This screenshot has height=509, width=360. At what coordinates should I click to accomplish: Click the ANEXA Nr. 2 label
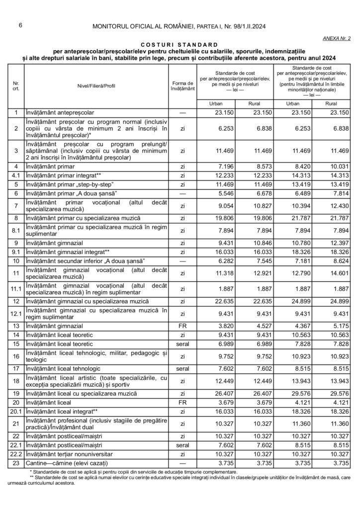click(337, 38)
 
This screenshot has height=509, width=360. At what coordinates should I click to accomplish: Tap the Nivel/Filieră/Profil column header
click(96, 85)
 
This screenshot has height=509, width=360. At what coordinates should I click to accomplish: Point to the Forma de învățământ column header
click(182, 85)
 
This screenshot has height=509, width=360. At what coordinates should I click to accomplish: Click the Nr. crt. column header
click(16, 85)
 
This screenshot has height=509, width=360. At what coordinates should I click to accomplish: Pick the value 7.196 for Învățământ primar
click(223, 166)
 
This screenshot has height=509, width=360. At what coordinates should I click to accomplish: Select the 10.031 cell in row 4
click(339, 166)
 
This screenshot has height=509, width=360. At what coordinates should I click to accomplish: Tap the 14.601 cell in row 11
click(339, 272)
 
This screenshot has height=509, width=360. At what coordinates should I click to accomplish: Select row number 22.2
click(16, 454)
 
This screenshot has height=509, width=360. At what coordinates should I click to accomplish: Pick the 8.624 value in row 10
click(339, 261)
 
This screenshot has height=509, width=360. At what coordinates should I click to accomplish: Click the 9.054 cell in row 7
click(223, 205)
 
